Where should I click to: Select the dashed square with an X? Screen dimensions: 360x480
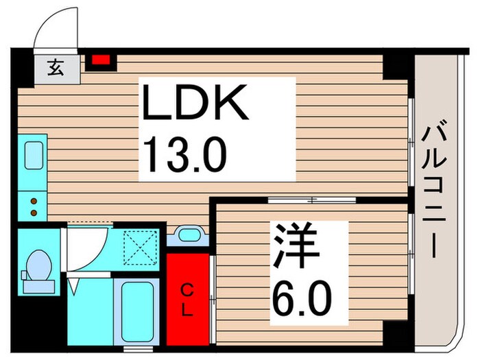pos(141,247)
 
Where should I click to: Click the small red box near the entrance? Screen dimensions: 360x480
pos(101,60)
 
